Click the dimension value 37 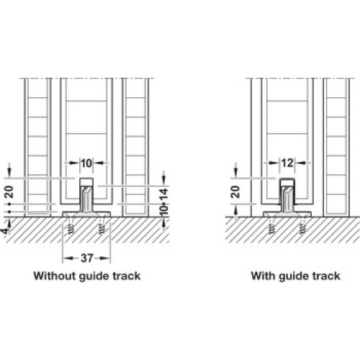tap(86, 258)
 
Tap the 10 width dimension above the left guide tap(86, 163)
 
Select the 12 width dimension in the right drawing tap(287, 163)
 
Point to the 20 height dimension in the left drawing tap(9, 192)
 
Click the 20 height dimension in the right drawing tap(236, 192)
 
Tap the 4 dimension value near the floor tap(5, 231)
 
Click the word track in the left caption tap(127, 276)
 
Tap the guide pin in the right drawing tap(287, 195)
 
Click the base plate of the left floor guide tap(86, 215)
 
